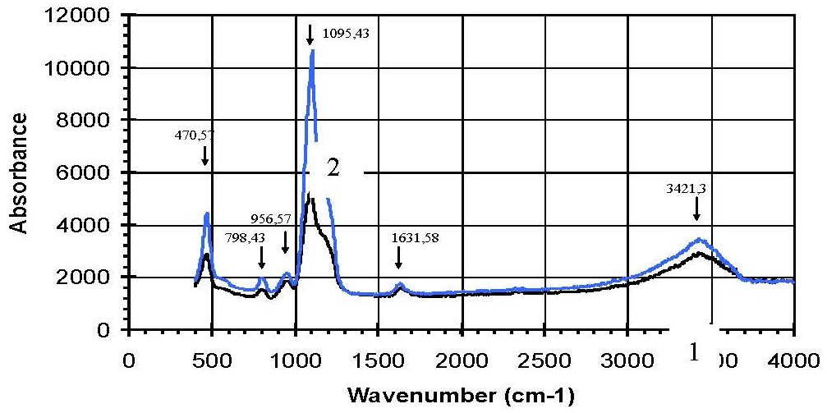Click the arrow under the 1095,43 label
point(310,34)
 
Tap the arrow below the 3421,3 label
point(696,211)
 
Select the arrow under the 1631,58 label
point(398,259)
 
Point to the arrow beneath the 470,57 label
point(205,156)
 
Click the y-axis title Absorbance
point(21,172)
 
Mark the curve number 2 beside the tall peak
point(333,167)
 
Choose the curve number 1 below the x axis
point(694,353)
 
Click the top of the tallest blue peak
point(312,51)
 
